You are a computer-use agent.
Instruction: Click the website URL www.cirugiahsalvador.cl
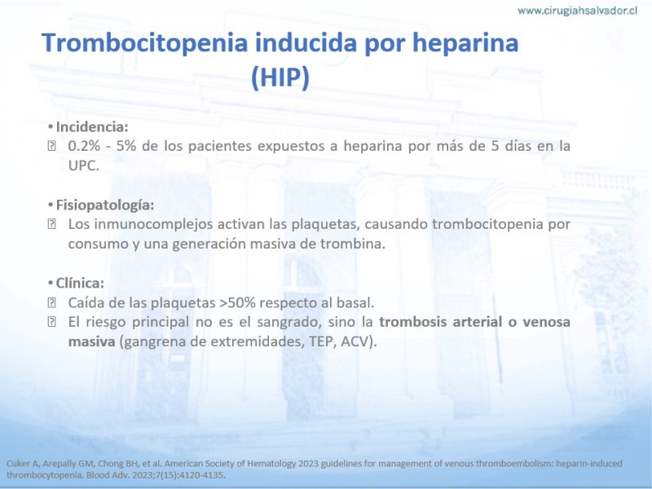click(x=577, y=11)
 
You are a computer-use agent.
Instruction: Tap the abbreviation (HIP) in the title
click(x=280, y=77)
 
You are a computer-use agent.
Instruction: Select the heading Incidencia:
click(x=92, y=126)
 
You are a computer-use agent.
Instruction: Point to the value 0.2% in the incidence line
click(x=84, y=146)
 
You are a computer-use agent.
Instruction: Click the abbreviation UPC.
click(x=84, y=165)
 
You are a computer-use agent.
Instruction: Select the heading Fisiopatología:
click(x=105, y=205)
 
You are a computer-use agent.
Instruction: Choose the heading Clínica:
click(x=80, y=283)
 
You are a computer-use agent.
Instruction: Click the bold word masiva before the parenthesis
click(x=91, y=341)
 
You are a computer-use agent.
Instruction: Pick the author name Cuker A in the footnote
click(x=22, y=464)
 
